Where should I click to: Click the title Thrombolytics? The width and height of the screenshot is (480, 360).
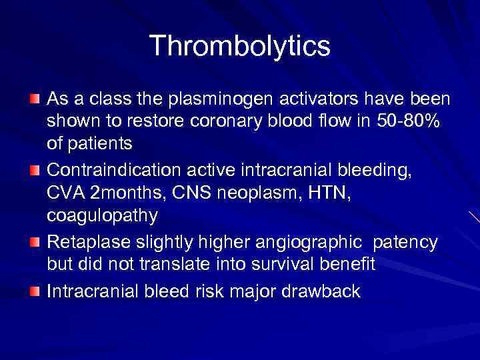[240, 47]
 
